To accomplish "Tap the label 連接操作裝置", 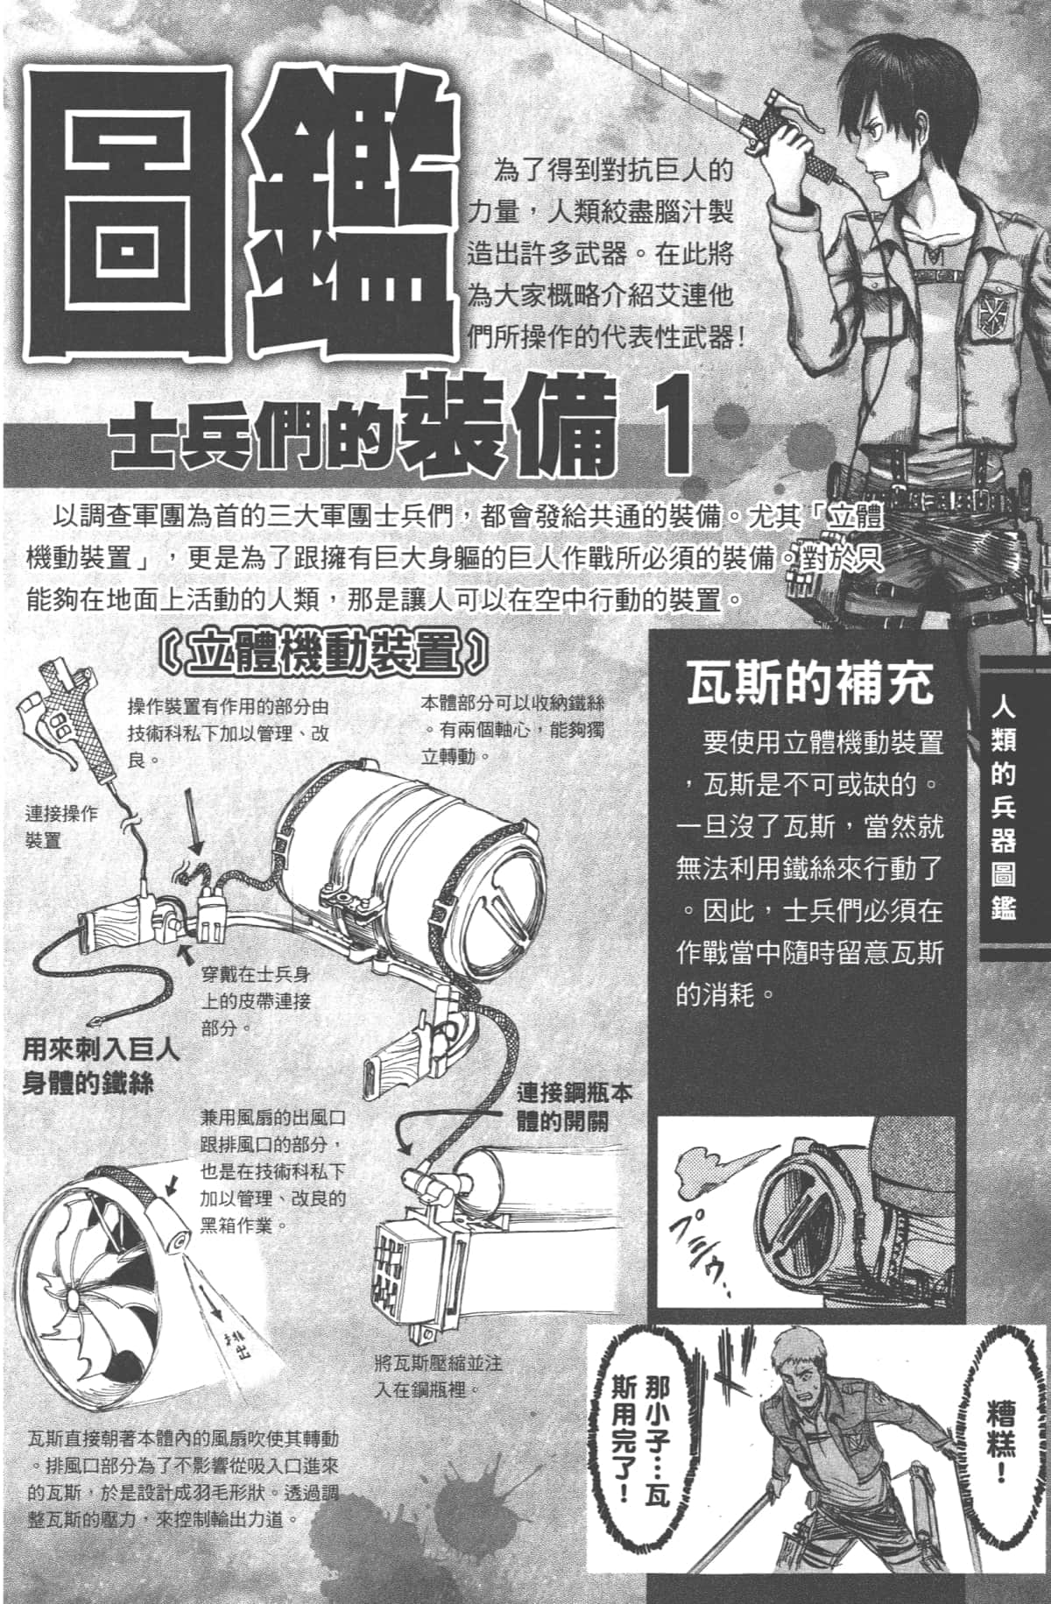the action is (61, 826).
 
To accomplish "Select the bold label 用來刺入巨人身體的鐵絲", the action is (101, 1065).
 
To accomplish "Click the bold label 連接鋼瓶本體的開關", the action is (574, 1107).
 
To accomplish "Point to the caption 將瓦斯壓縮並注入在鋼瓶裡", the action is (436, 1376).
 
